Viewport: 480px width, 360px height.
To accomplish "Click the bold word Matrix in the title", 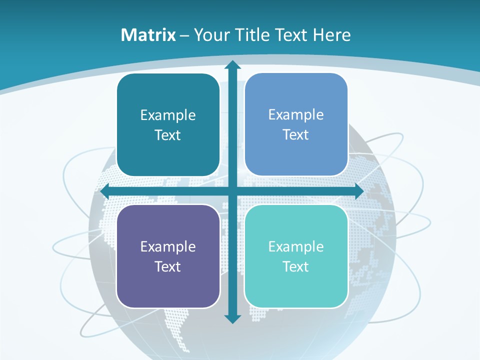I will coord(148,35).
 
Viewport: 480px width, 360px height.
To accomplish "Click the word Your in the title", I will coord(209,35).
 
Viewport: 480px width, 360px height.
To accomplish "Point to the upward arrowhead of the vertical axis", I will coord(232,65).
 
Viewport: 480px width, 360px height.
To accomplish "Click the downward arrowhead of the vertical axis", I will coord(232,318).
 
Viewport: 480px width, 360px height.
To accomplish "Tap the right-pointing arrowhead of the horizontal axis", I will coord(358,191).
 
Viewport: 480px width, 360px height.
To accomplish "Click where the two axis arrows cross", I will coord(232,191).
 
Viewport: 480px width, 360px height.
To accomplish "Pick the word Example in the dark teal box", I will coord(168,115).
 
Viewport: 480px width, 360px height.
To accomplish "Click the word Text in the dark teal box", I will coord(168,135).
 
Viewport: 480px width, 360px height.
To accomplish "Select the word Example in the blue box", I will coord(296,115).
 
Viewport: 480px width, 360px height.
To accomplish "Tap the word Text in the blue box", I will coord(296,135).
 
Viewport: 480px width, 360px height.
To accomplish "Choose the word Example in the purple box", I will coord(168,246).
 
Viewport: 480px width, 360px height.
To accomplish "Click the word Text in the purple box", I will coord(168,266).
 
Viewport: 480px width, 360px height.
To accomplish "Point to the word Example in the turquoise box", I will coord(296,246).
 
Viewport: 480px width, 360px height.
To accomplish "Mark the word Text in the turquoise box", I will coord(296,266).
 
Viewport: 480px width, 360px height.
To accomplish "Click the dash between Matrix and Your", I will coord(184,35).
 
